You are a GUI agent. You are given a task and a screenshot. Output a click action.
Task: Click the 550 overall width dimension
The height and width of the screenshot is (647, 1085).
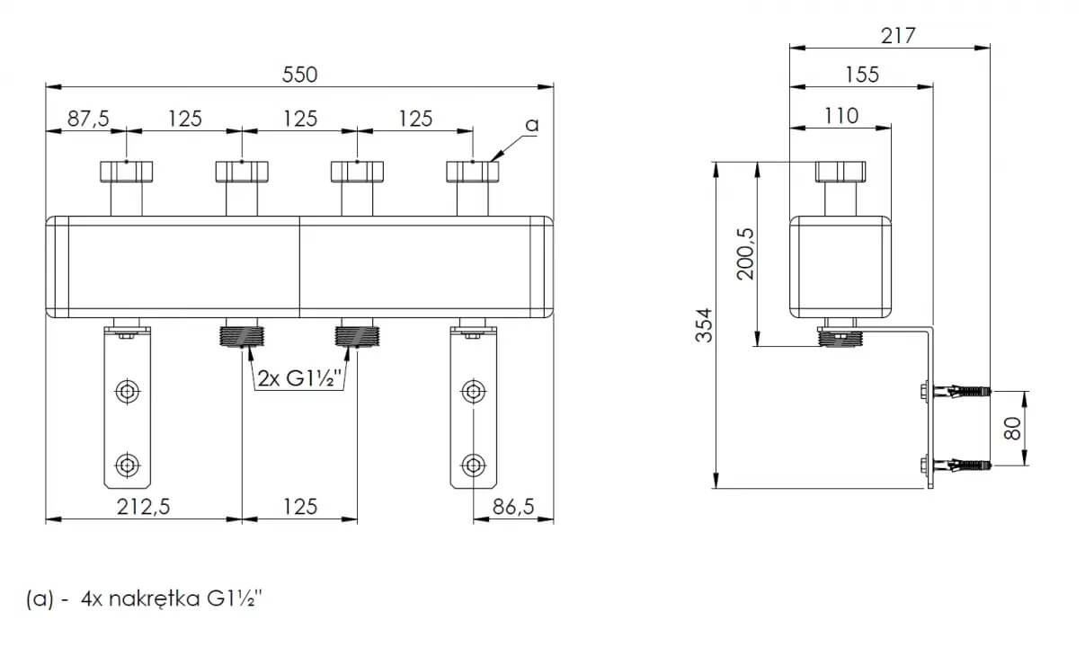pos(300,75)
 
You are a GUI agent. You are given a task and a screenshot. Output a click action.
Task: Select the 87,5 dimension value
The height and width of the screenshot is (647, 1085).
pos(89,119)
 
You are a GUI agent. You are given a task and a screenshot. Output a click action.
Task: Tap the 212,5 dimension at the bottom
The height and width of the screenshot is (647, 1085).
pos(143,507)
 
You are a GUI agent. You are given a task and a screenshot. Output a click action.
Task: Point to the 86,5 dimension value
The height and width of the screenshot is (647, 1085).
pos(513,507)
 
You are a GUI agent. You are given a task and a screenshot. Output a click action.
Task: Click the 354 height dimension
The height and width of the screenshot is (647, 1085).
pos(704,325)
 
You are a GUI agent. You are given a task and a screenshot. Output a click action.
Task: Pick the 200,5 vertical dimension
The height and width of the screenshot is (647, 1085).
pos(745,254)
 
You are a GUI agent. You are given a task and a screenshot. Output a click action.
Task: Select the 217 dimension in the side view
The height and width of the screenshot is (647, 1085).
pos(898,36)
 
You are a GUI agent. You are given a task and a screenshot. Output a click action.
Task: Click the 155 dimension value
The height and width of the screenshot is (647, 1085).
pos(862,75)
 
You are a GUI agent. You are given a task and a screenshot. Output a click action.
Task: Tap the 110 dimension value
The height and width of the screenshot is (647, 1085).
pos(841,116)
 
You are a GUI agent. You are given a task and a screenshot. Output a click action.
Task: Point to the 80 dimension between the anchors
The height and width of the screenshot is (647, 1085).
pos(1012,428)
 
